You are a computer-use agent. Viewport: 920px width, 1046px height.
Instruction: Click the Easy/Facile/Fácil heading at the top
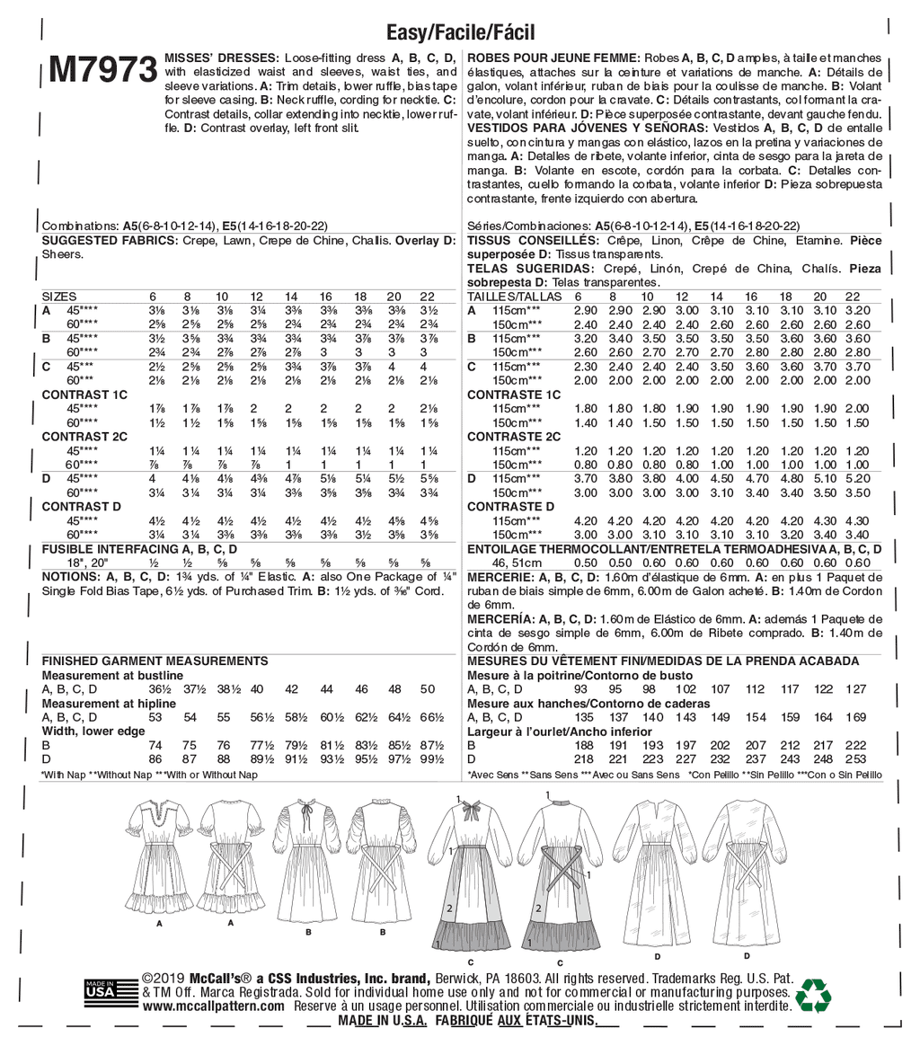point(459,32)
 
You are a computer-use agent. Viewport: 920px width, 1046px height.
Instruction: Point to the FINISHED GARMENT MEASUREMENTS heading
point(141,661)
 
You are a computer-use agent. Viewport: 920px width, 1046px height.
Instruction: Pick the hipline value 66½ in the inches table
point(431,718)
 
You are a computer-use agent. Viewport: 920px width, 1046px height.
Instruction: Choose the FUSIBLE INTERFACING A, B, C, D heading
point(139,547)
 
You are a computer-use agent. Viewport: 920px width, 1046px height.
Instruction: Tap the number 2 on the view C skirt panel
point(447,909)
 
